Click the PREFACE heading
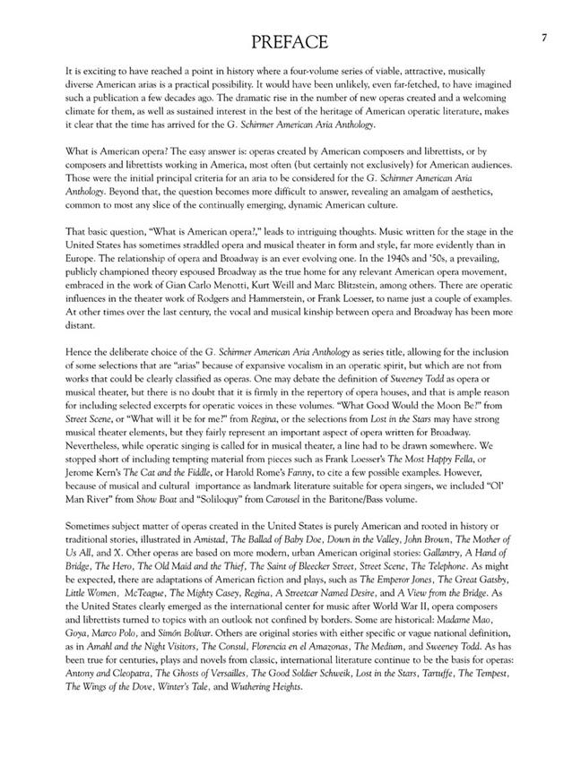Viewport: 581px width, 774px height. coord(290,41)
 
